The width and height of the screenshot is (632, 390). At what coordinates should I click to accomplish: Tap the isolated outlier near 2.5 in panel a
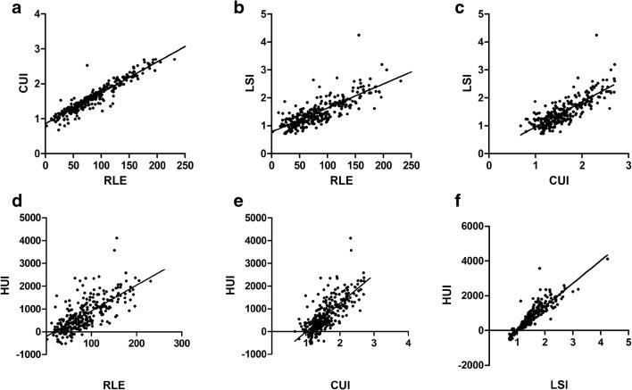click(x=87, y=65)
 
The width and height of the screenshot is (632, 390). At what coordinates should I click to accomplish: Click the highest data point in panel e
click(x=351, y=237)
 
